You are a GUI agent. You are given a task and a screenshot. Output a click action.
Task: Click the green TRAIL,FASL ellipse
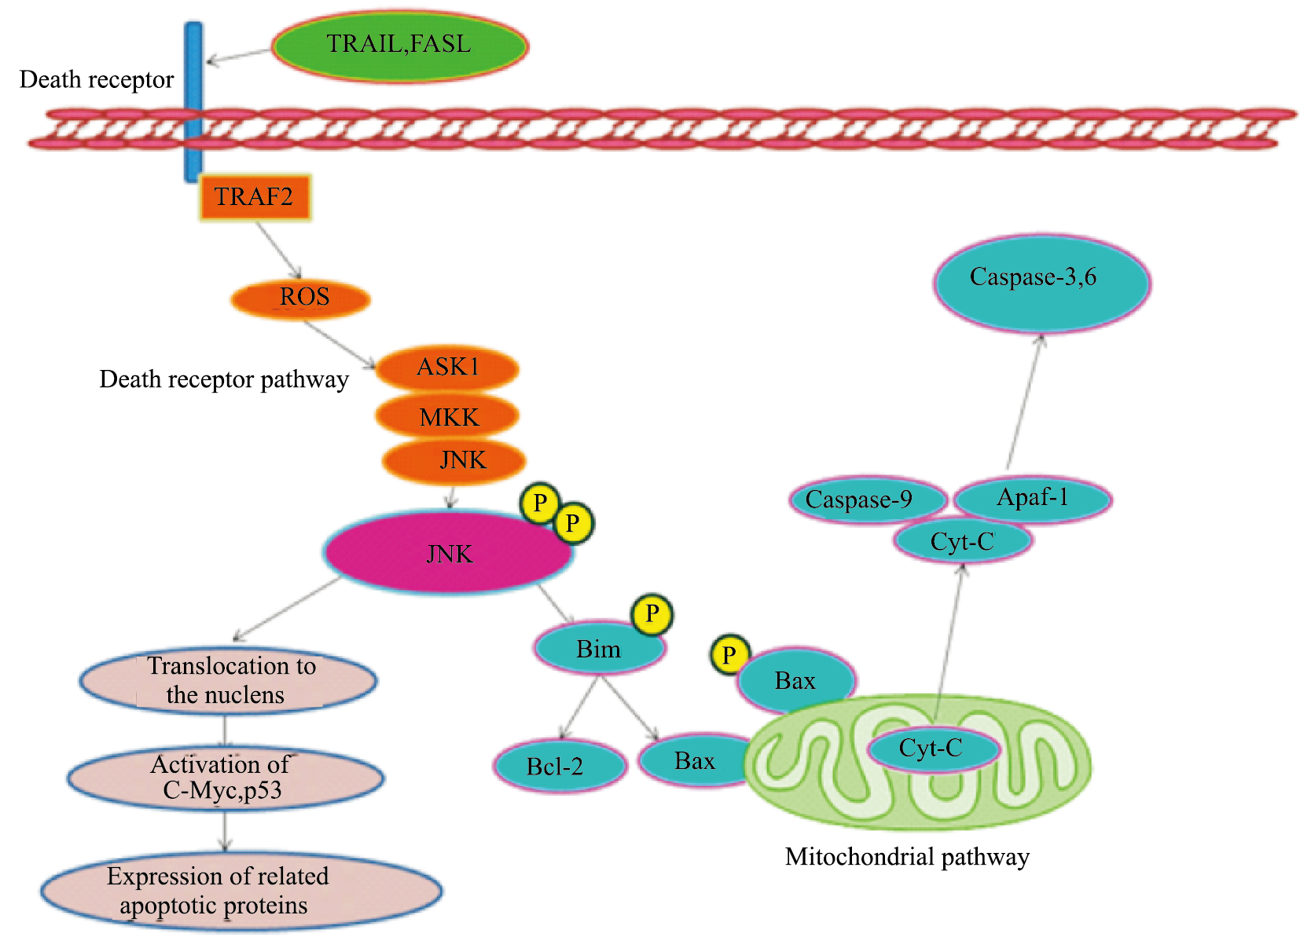[399, 46]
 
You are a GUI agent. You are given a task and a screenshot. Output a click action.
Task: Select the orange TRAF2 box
[255, 197]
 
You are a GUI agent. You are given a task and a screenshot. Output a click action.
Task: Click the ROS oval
[301, 298]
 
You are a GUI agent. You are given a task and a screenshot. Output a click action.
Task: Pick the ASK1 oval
[447, 368]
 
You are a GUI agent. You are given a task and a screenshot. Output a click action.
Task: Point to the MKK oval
[447, 416]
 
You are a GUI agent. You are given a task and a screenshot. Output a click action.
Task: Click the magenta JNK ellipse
[448, 553]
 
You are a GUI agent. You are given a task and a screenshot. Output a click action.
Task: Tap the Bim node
[599, 649]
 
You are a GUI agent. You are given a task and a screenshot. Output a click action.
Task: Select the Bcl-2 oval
[559, 766]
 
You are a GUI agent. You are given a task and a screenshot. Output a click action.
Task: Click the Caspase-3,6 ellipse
[1041, 283]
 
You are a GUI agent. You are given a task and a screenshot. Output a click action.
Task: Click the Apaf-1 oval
[1032, 498]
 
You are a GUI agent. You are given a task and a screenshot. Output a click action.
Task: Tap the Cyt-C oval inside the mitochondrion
[933, 749]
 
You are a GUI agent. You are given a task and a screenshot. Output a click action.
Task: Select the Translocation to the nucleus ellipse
[228, 680]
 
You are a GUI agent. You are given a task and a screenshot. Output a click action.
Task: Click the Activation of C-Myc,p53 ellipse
[225, 778]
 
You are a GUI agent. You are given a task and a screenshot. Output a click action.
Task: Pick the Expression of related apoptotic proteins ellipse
[241, 891]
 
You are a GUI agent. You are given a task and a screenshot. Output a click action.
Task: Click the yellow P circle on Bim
[652, 613]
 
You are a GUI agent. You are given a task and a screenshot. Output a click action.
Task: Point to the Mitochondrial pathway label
[907, 856]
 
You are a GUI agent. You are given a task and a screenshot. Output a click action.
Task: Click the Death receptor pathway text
[224, 379]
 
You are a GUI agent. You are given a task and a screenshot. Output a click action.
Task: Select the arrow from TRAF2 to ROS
[279, 250]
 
